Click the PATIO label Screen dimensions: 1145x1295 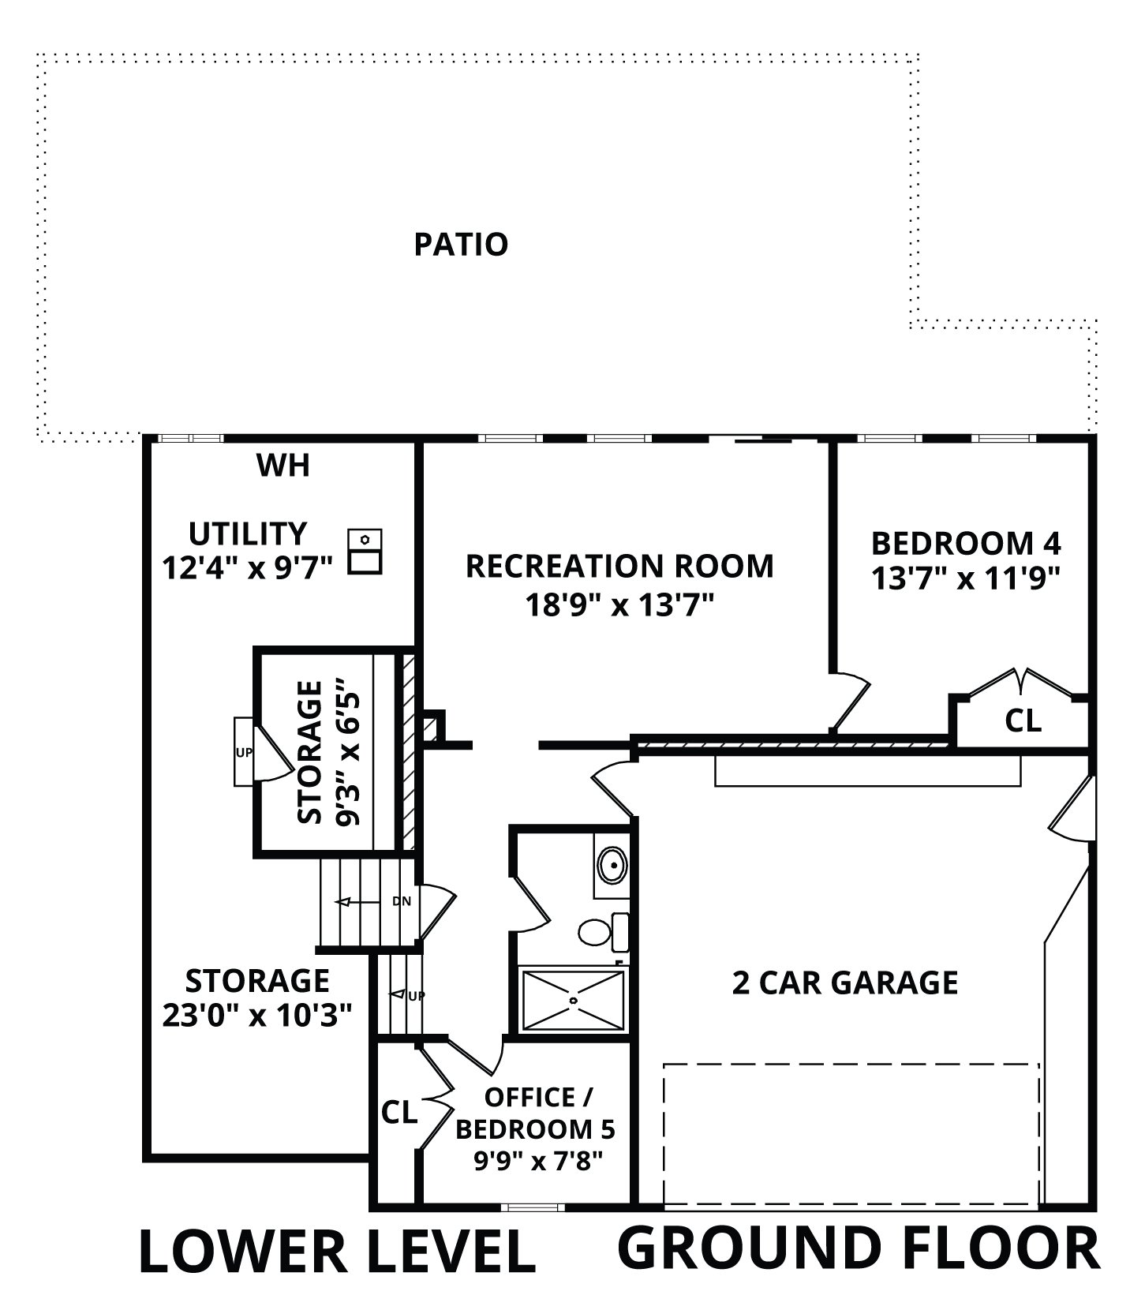[x=461, y=245]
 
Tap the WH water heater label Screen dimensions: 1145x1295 [x=283, y=466]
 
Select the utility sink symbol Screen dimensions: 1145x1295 [x=365, y=552]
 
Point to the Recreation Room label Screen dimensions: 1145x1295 [x=619, y=566]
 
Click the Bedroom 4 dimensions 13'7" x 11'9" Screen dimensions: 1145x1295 [x=965, y=578]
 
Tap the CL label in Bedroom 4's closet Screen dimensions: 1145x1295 [x=1023, y=720]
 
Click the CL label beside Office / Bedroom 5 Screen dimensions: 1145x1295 [x=399, y=1113]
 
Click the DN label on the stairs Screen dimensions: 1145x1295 [x=402, y=901]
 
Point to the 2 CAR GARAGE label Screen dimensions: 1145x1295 [x=845, y=983]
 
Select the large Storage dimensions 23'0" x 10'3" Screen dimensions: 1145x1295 [x=256, y=1015]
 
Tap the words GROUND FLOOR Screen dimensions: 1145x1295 [x=859, y=1247]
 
